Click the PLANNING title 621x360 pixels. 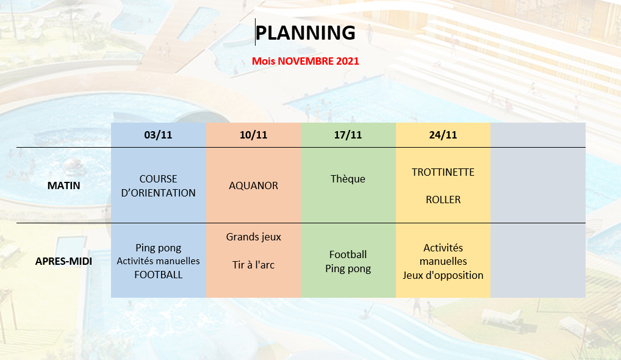pyautogui.click(x=306, y=32)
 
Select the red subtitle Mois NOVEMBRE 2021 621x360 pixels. pyautogui.click(x=306, y=61)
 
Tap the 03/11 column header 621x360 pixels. pyautogui.click(x=158, y=135)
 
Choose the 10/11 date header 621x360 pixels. pyautogui.click(x=254, y=135)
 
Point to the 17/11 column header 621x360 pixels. pyautogui.click(x=348, y=135)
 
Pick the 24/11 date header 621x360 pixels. pyautogui.click(x=443, y=135)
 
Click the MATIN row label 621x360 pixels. pyautogui.click(x=64, y=185)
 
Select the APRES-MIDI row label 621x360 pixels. pyautogui.click(x=64, y=261)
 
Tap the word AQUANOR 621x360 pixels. pyautogui.click(x=254, y=185)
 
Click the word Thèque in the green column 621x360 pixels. pyautogui.click(x=348, y=179)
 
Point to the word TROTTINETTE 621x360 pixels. pyautogui.click(x=443, y=172)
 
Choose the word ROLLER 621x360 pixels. pyautogui.click(x=443, y=200)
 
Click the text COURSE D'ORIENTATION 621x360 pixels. pyautogui.click(x=159, y=185)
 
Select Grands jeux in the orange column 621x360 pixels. pyautogui.click(x=254, y=237)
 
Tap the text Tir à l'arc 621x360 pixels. pyautogui.click(x=254, y=265)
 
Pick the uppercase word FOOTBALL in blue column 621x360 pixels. pyautogui.click(x=159, y=275)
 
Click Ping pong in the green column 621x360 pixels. pyautogui.click(x=348, y=269)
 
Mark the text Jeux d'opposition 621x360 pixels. pyautogui.click(x=443, y=275)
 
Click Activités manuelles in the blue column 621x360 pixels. pyautogui.click(x=159, y=261)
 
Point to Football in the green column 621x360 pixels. pyautogui.click(x=348, y=254)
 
